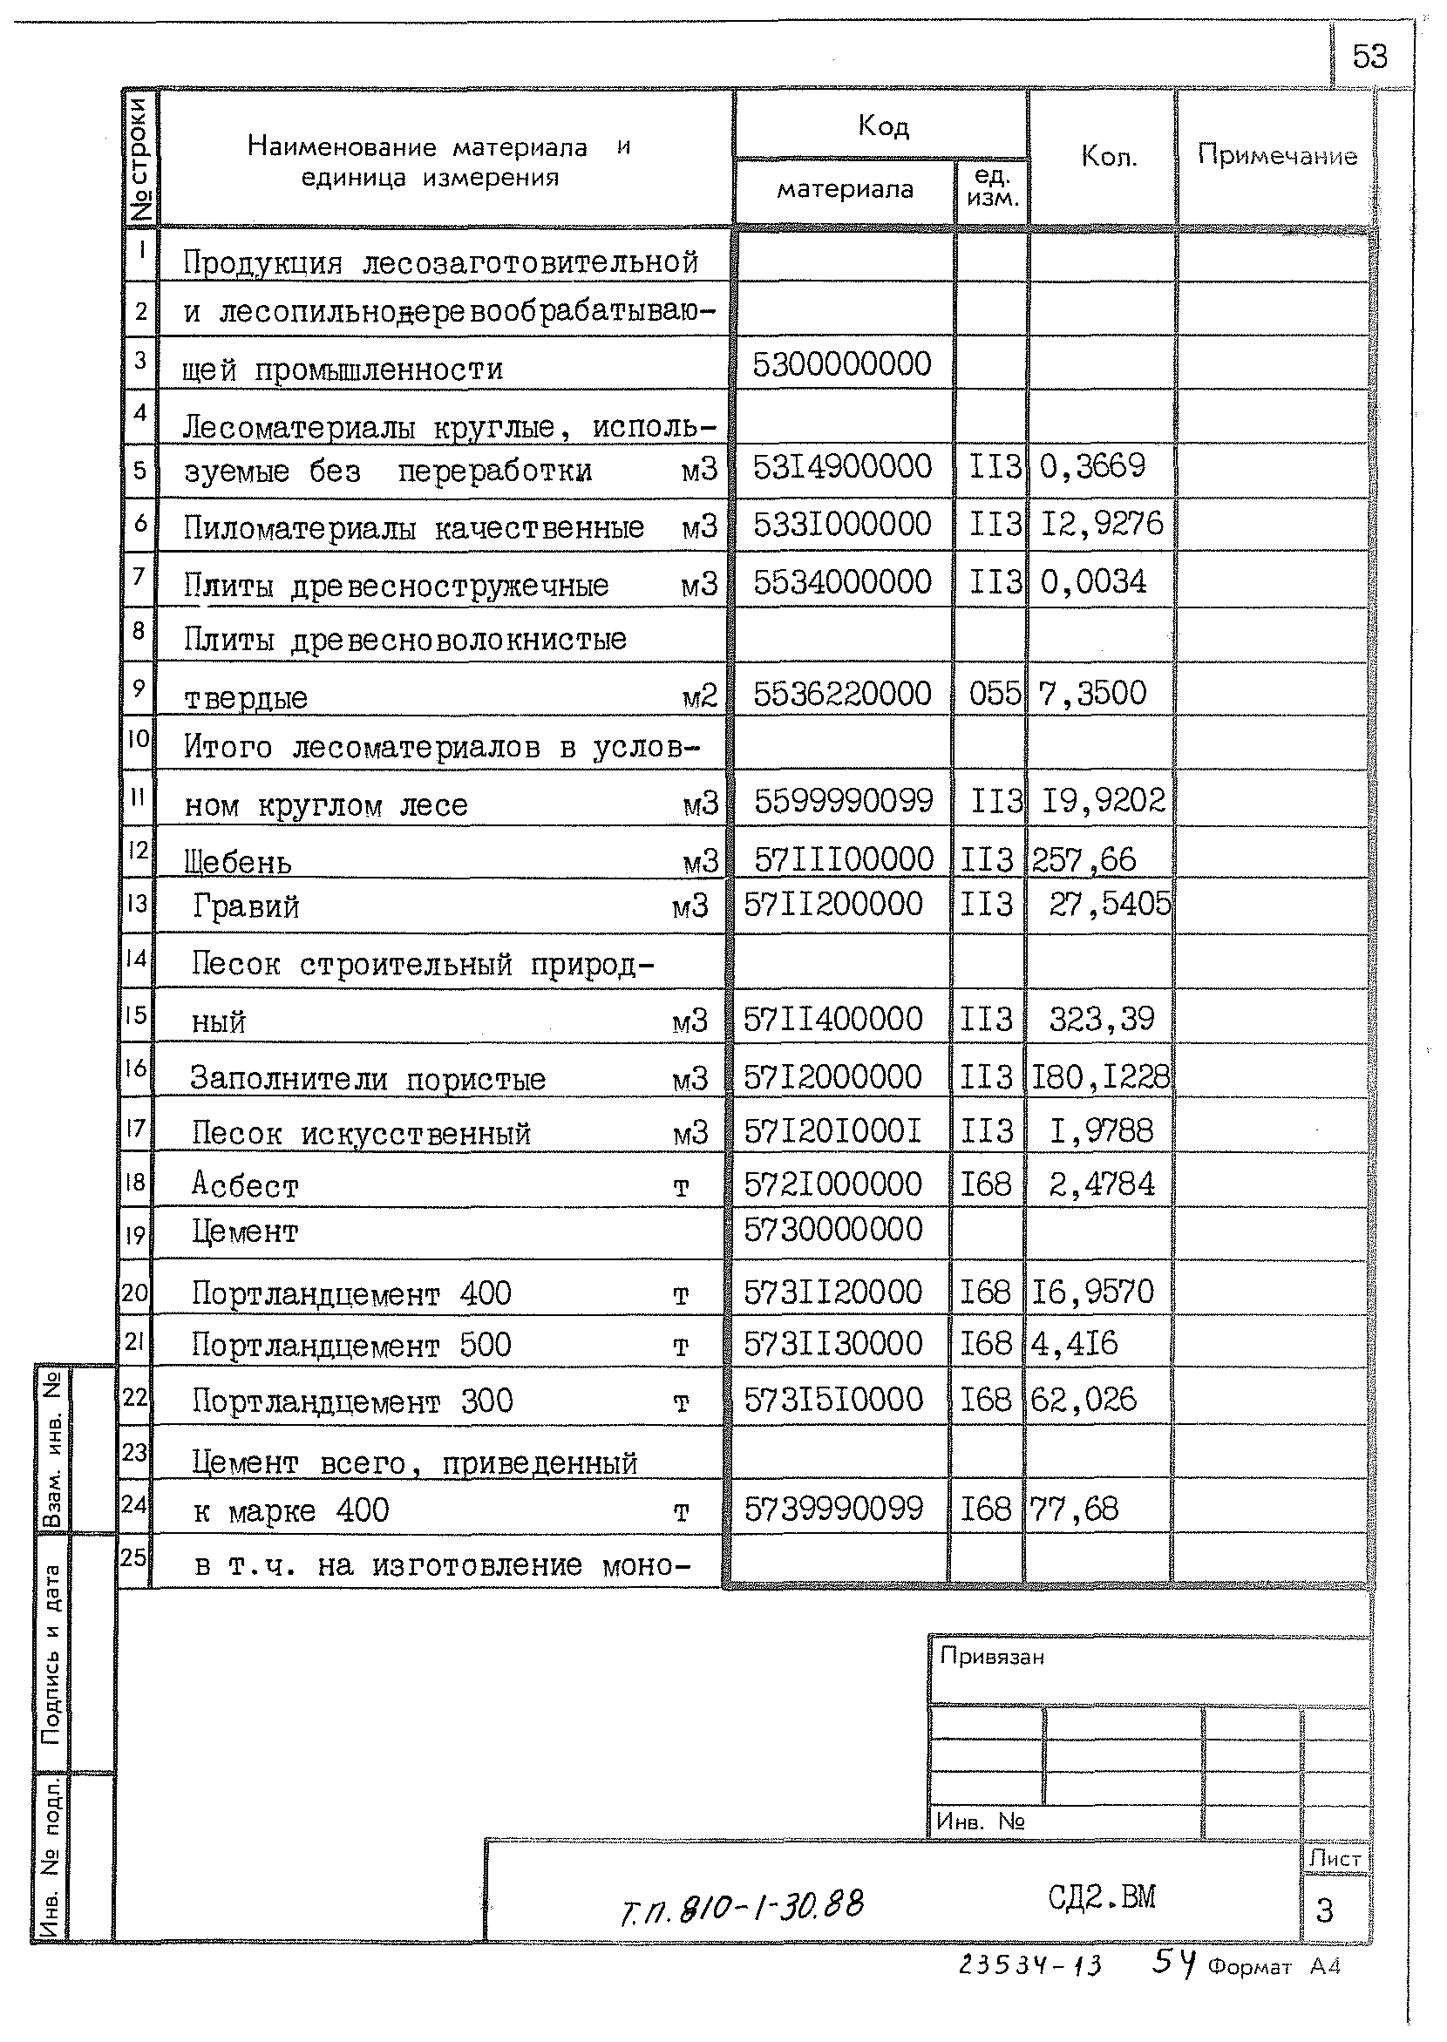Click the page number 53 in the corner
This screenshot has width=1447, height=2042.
[x=1369, y=57]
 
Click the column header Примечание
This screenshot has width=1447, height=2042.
[x=1276, y=156]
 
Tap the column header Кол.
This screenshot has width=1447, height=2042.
[x=1109, y=157]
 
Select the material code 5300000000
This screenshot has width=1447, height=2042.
[x=841, y=364]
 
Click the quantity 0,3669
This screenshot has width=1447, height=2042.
[x=1092, y=466]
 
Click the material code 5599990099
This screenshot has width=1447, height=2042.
[x=843, y=801]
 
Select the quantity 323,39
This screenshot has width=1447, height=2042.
[x=1101, y=1018]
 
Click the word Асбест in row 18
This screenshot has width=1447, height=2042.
[x=245, y=1185]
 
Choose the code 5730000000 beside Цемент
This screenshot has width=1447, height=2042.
[x=832, y=1230]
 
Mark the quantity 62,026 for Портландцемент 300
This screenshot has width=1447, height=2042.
[x=1084, y=1399]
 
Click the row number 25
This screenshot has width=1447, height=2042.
[x=133, y=1557]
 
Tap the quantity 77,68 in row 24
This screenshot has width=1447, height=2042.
[x=1074, y=1509]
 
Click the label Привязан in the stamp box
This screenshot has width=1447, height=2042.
[x=991, y=1656]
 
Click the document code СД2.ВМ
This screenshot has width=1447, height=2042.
[x=1101, y=1897]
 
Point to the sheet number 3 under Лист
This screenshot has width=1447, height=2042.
[x=1324, y=1910]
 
